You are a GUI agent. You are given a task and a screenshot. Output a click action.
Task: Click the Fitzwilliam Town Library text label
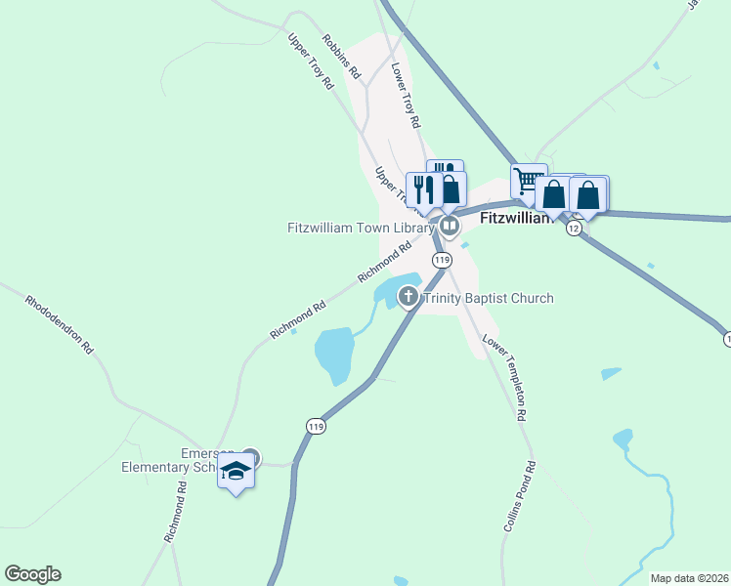click(360, 229)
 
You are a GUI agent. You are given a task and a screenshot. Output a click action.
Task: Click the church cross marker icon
click(408, 296)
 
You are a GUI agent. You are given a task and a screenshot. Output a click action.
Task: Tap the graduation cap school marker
click(236, 472)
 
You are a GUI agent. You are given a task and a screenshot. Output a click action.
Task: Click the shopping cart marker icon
click(527, 180)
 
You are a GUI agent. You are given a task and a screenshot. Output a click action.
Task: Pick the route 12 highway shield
click(574, 228)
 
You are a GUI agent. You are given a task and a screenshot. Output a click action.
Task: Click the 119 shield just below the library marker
click(442, 260)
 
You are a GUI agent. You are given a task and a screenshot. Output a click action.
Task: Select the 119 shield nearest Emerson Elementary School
click(315, 426)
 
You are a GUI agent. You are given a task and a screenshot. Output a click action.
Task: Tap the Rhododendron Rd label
click(60, 323)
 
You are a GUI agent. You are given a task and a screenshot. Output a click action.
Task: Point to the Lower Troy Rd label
click(405, 97)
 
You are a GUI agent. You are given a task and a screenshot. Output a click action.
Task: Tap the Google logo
click(32, 574)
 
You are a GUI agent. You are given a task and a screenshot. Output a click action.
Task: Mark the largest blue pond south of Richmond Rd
click(333, 354)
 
